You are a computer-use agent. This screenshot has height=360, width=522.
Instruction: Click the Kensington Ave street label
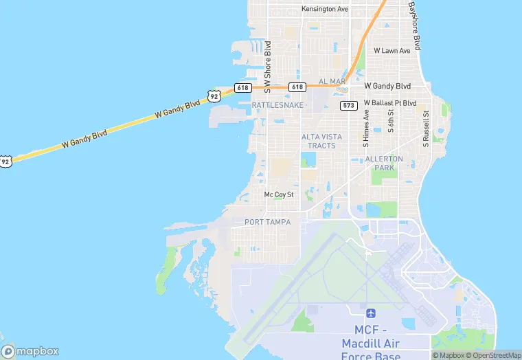[x=325, y=9]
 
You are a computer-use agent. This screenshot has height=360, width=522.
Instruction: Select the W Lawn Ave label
[x=391, y=51]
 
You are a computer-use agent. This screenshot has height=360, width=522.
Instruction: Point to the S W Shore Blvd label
[x=269, y=67]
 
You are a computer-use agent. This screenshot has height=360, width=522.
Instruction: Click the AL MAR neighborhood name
[x=332, y=81]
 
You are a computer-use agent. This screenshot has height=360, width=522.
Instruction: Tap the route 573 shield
[x=348, y=105]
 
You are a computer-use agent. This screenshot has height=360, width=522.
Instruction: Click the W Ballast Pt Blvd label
[x=390, y=103]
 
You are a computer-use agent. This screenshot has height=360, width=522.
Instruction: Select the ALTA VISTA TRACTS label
[x=319, y=141]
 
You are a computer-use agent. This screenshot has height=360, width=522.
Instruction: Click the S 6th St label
[x=390, y=121]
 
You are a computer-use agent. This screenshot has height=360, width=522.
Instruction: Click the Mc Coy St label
[x=279, y=194]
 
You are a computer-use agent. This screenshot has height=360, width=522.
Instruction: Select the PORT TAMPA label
[x=267, y=222]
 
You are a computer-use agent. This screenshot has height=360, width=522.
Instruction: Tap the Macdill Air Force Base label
[x=370, y=342]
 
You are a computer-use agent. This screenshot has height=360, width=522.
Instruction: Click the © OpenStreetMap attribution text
[x=492, y=355]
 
